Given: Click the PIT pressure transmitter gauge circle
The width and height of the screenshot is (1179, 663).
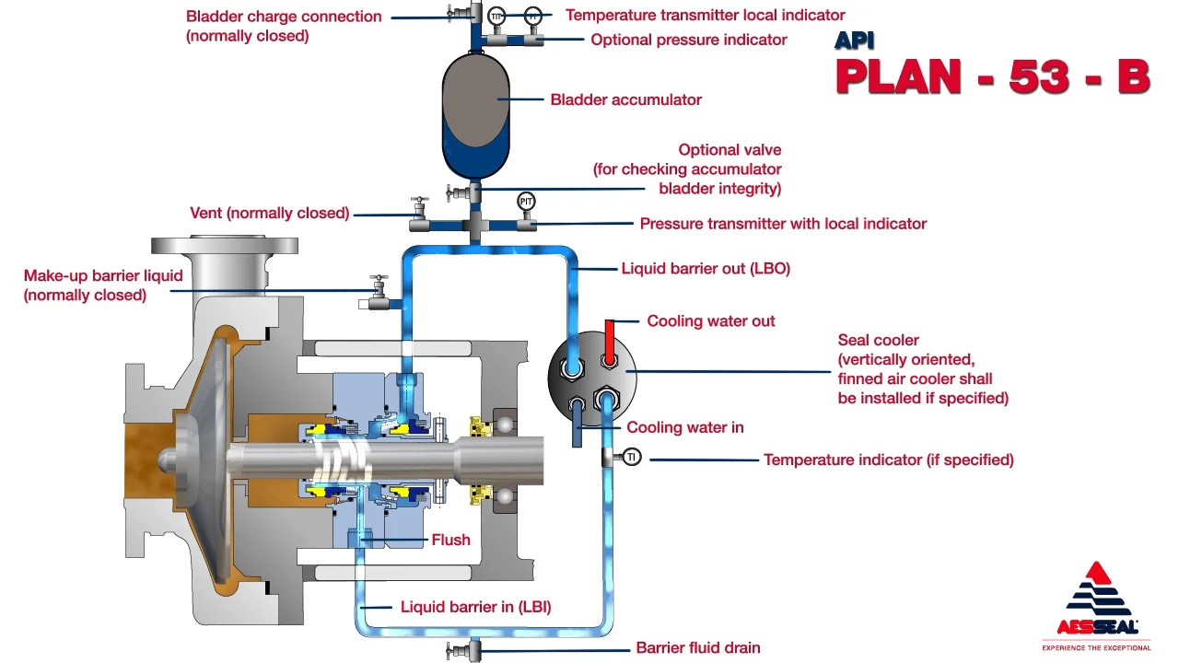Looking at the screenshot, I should point(527,201).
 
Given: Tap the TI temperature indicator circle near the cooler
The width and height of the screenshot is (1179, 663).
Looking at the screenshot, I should point(632,458).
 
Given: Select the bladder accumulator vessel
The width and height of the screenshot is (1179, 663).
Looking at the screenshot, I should point(476,114).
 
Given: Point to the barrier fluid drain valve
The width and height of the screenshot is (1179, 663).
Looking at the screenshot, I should point(458,651).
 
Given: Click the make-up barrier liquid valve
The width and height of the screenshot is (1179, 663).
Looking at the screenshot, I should point(377,291).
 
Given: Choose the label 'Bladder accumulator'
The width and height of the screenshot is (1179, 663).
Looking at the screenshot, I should point(625,99).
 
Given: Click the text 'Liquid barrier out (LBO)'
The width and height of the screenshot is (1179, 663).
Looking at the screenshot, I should point(706,269).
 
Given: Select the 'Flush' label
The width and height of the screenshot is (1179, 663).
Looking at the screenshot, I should point(450,540).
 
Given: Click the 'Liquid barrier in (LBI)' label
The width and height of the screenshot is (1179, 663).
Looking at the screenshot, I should point(475,607).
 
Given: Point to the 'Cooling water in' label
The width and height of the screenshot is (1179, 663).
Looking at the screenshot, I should point(685,427).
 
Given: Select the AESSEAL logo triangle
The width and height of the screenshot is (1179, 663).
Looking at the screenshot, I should point(1097,589).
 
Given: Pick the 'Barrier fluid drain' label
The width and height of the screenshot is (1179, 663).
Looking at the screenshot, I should point(698,647).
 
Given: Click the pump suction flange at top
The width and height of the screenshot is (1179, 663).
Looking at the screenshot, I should point(225,247).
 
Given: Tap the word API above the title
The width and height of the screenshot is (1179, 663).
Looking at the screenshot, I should point(854,40).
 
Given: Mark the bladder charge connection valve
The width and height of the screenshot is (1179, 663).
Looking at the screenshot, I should point(458,13).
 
